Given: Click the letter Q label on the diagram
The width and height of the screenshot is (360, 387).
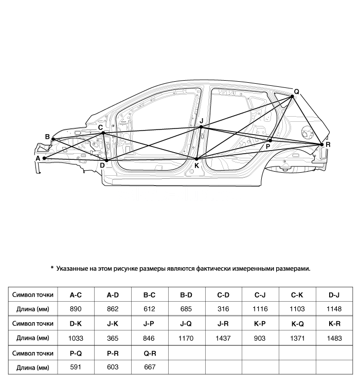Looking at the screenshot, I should [296, 91].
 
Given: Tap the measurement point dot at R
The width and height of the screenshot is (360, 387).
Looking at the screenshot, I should [322, 144].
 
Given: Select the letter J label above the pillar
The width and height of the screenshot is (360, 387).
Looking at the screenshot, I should [202, 121].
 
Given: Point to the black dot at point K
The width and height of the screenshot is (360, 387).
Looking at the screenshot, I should [196, 159].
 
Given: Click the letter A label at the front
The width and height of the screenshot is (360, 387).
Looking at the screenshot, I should [38, 158].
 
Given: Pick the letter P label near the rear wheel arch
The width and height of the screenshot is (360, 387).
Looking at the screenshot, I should [268, 146].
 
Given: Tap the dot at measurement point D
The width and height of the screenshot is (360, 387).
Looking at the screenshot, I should [106, 161].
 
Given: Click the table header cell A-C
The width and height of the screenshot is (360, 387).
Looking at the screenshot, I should [76, 295].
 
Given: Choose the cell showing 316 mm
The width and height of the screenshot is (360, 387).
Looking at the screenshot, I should [223, 309].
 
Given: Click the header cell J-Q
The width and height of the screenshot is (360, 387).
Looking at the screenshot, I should [186, 324].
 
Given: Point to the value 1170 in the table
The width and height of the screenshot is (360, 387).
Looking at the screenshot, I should [186, 338].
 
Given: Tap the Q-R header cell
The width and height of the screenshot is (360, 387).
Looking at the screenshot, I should [150, 353].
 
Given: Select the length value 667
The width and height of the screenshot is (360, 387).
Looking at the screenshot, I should [150, 367].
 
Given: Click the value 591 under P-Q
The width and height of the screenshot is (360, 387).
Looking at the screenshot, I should [76, 367].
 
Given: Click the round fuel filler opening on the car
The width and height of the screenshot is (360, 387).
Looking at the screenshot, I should [307, 133].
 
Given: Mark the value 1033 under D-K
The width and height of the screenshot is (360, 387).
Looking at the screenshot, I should [76, 338].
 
